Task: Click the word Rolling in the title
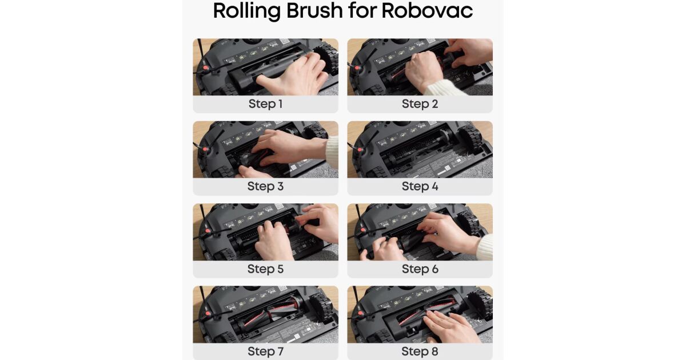(246, 11)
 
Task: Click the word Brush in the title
(314, 10)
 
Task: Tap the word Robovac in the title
(427, 10)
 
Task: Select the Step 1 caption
(265, 104)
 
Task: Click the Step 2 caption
(420, 104)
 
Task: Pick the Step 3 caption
(265, 186)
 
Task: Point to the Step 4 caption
(420, 186)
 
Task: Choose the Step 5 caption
(265, 269)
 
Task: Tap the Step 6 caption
(420, 269)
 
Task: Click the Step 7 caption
(265, 351)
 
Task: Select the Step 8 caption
(420, 351)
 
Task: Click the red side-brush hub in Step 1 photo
(206, 68)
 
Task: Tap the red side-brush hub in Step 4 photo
(360, 150)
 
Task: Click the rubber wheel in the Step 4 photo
(470, 140)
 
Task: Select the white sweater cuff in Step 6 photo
(485, 247)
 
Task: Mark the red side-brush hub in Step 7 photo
(208, 314)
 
